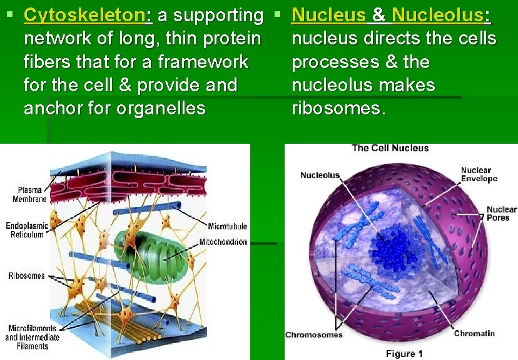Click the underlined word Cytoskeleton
tap(84, 15)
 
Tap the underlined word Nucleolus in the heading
tap(440, 15)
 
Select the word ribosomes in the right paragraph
tap(338, 108)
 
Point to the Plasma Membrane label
tap(29, 194)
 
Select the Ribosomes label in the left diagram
tap(26, 276)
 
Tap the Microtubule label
tap(227, 226)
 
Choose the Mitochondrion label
tap(223, 242)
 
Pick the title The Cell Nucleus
tap(390, 148)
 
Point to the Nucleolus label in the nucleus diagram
tap(320, 175)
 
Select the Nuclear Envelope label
tap(479, 174)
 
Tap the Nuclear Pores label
tap(501, 214)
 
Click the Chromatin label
tap(474, 333)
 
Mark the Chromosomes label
tap(314, 335)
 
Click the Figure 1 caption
tap(404, 354)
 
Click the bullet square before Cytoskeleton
tap(9, 12)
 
